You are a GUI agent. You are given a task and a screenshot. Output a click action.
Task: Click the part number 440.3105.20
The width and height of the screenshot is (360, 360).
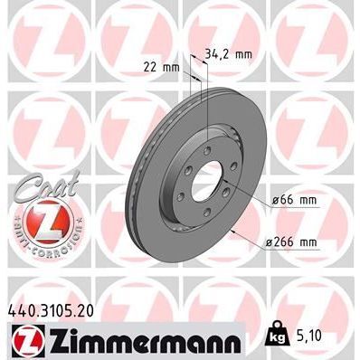pyautogui.click(x=56, y=310)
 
